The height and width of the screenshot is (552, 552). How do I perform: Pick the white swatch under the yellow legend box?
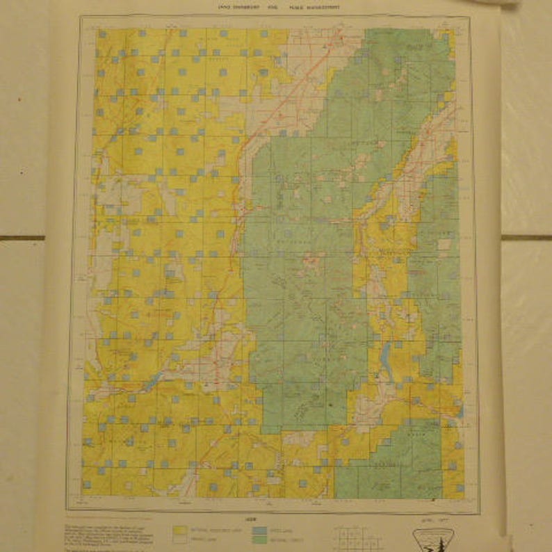(181, 538)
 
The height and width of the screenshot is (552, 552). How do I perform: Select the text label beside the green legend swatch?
(282, 538)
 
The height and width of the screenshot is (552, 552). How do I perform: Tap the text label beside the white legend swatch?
(206, 538)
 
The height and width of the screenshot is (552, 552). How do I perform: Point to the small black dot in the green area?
(331, 404)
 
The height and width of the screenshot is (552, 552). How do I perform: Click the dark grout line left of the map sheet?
(21, 238)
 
